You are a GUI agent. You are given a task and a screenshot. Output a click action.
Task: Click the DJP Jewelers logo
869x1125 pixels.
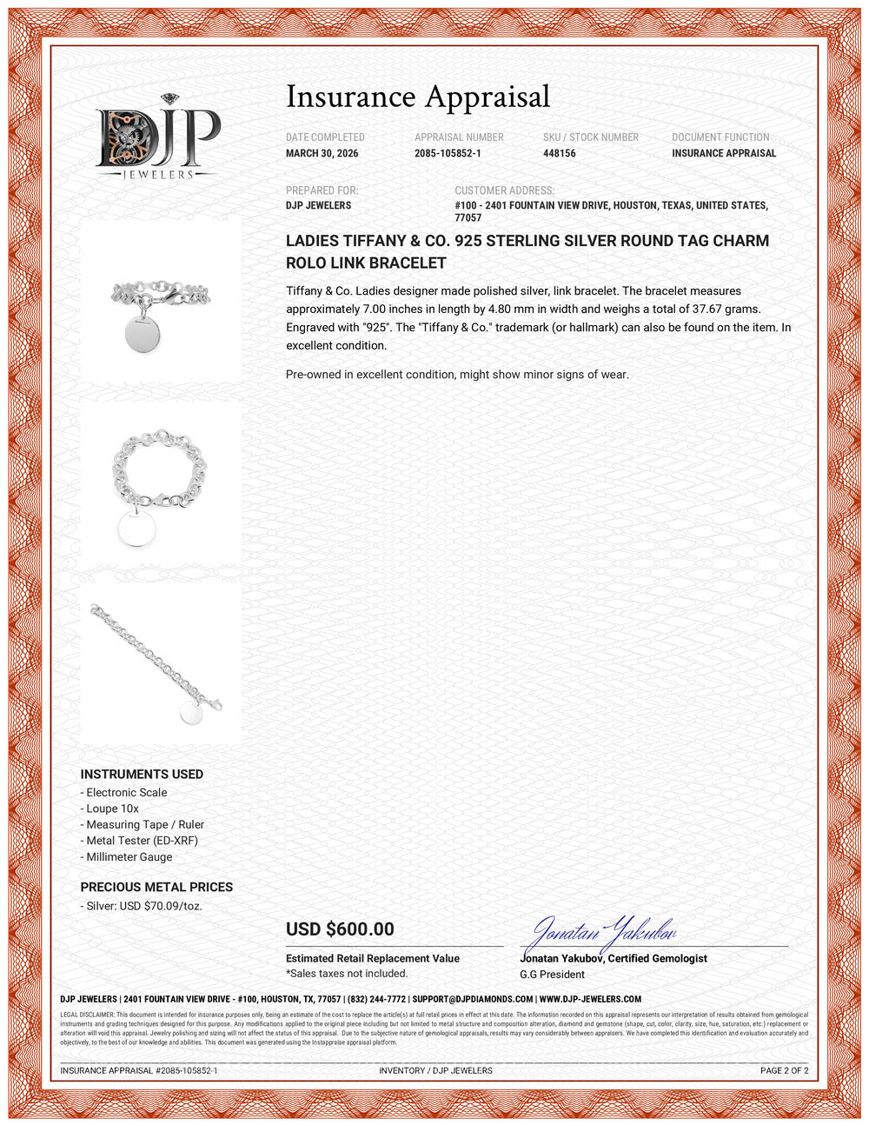[x=158, y=140]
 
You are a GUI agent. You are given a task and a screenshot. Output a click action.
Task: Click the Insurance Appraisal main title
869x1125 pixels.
[x=418, y=97]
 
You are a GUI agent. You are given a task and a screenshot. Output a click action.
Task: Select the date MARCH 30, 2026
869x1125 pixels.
[x=322, y=154]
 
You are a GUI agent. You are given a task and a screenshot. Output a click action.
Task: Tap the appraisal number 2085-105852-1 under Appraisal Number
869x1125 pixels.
[x=448, y=154]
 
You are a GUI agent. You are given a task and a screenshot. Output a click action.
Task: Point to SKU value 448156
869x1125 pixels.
[x=560, y=154]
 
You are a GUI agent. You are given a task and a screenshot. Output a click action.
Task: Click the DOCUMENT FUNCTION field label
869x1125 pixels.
[x=720, y=137]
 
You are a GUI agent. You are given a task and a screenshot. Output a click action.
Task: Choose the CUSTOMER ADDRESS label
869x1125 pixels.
[x=504, y=190]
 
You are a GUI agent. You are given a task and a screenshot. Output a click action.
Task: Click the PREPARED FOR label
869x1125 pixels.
[x=322, y=190]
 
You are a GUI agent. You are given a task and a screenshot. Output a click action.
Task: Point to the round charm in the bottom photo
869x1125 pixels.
[x=192, y=713]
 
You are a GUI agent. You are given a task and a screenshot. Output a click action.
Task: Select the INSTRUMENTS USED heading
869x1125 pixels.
[x=142, y=775]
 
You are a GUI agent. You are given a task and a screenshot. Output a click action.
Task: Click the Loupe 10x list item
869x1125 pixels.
[x=112, y=809]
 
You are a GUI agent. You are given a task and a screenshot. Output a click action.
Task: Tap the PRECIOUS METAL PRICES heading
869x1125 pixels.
[x=156, y=887]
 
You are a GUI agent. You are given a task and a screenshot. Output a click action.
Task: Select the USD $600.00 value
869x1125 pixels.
[x=340, y=929]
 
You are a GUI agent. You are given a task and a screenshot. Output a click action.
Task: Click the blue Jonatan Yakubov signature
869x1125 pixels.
[x=600, y=935]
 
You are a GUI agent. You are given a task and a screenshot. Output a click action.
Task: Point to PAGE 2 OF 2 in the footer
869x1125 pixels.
[x=784, y=1070]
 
